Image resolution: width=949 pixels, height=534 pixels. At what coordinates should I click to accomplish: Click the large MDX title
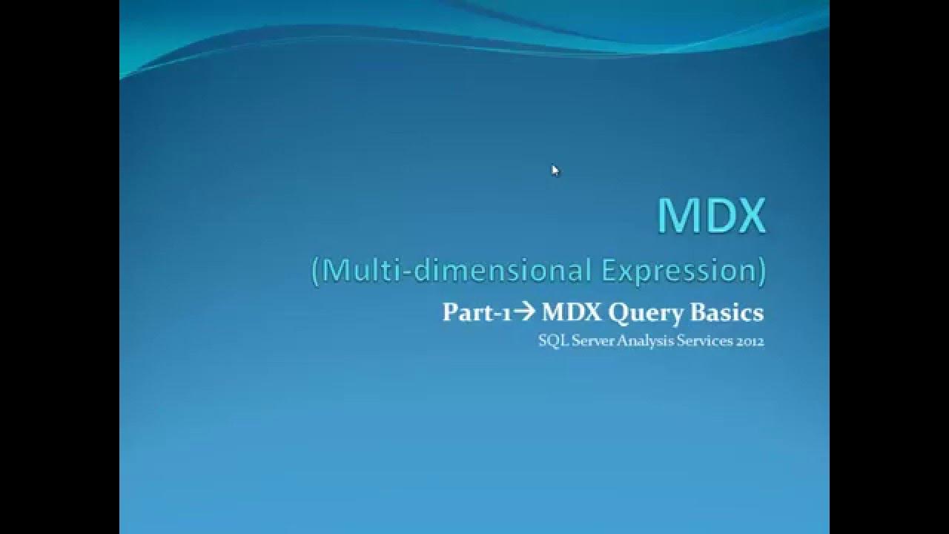click(x=711, y=216)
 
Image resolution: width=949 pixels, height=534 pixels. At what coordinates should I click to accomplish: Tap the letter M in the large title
click(x=675, y=216)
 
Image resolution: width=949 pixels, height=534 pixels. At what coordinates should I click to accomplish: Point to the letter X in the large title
click(x=747, y=216)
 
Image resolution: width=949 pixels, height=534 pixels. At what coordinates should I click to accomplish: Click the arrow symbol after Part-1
click(x=524, y=313)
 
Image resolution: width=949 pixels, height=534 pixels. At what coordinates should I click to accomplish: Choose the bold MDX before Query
click(x=572, y=313)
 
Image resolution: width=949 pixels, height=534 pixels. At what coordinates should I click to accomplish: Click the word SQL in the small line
click(x=551, y=342)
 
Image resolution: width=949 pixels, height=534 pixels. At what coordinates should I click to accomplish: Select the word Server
click(x=589, y=342)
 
